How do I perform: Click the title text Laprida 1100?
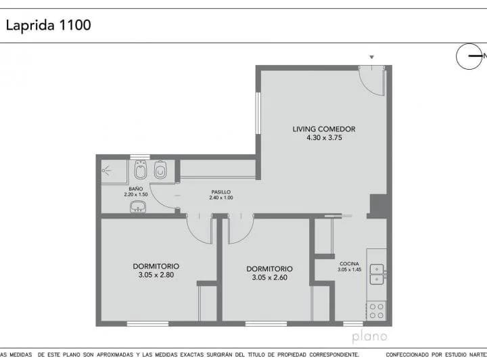click(x=48, y=26)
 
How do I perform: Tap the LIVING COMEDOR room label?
click(x=324, y=129)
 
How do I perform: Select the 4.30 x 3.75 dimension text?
click(x=324, y=137)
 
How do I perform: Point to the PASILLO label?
click(x=221, y=192)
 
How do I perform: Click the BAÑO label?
click(x=136, y=188)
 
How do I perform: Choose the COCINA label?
click(x=349, y=263)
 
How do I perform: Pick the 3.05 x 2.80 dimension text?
click(x=156, y=275)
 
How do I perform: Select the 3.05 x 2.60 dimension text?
click(x=269, y=277)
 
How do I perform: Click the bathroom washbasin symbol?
click(x=139, y=206)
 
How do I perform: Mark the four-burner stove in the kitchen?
click(x=376, y=311)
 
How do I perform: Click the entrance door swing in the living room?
click(x=371, y=81)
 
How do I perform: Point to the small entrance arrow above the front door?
click(x=371, y=57)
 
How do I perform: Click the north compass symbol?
click(x=469, y=56)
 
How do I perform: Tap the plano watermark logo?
click(x=369, y=336)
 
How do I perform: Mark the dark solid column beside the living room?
click(x=377, y=205)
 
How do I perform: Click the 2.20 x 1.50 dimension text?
click(x=136, y=195)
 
